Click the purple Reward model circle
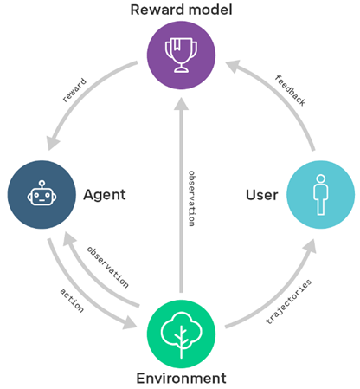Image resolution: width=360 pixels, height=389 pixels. (181, 55)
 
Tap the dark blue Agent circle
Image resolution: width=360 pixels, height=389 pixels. (42, 195)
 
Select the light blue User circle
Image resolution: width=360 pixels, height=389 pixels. (320, 195)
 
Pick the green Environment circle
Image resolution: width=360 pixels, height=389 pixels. (181, 334)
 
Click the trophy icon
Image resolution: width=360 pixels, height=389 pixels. (181, 55)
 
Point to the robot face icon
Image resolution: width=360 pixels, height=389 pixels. (42, 193)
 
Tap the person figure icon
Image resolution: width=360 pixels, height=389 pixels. (320, 195)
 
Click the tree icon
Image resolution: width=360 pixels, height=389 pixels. (181, 335)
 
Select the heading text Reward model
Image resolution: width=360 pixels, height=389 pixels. (181, 10)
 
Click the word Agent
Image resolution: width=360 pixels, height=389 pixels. (105, 195)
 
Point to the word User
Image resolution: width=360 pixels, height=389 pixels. (262, 195)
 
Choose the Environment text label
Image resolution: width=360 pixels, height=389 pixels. (181, 379)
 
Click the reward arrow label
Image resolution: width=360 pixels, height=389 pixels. (74, 90)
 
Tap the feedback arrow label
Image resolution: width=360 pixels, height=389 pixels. (290, 90)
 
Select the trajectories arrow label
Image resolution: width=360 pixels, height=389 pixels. (288, 301)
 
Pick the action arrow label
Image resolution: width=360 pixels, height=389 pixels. (72, 301)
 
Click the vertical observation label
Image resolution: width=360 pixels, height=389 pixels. (191, 198)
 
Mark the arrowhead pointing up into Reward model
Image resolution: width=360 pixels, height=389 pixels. (181, 104)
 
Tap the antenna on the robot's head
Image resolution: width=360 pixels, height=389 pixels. (42, 185)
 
